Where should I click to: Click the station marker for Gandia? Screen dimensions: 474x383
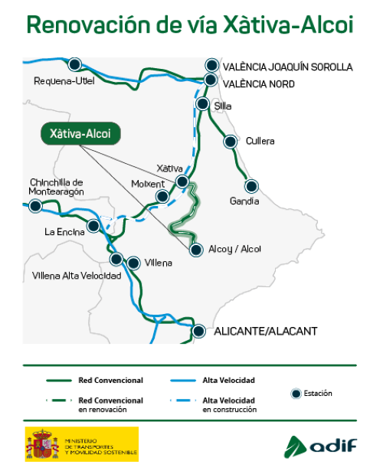click(x=251, y=185)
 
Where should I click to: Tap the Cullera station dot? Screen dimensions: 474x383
click(x=230, y=142)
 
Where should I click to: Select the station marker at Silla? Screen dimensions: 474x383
click(x=203, y=104)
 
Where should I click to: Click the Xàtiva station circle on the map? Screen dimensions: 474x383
click(x=182, y=181)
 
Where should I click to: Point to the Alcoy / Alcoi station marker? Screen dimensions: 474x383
click(x=197, y=250)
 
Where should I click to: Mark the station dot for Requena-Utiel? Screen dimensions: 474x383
click(x=74, y=64)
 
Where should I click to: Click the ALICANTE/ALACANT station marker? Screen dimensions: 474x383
click(x=199, y=332)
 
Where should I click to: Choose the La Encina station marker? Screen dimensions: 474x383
click(x=93, y=226)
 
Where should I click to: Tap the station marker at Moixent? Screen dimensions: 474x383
click(x=162, y=197)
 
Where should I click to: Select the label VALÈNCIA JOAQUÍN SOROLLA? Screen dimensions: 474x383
click(x=287, y=67)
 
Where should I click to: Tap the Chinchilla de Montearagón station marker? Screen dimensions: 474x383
click(x=35, y=205)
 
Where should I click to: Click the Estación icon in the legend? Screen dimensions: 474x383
click(x=296, y=394)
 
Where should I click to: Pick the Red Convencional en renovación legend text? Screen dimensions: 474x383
click(x=110, y=404)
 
